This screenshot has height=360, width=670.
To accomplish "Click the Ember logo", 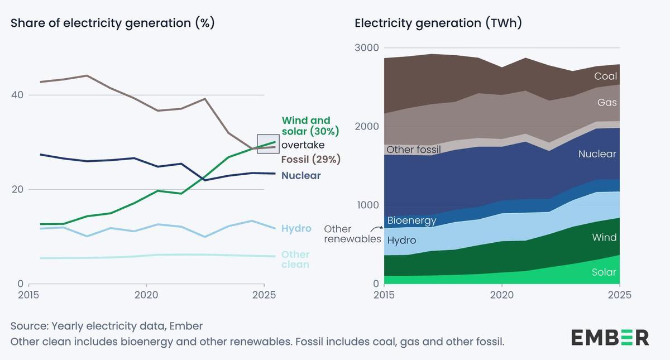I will point(610,338).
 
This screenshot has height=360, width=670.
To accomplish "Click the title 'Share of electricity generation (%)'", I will point(113,23).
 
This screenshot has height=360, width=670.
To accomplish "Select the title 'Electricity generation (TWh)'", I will point(438,23).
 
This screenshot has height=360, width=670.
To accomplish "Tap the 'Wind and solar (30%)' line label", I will point(310,126).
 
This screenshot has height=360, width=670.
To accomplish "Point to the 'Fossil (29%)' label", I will point(310,160).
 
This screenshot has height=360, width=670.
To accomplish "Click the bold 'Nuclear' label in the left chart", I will point(301,176).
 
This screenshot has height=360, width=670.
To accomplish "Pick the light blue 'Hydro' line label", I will point(296,229).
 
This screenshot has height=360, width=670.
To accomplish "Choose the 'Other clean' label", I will point(295,260).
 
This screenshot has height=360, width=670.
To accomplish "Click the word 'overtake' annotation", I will point(303,145).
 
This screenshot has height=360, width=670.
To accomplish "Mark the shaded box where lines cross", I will point(267,143).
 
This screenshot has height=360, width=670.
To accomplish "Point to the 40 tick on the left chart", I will point(17,95).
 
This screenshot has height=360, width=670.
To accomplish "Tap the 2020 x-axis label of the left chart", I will point(146,295).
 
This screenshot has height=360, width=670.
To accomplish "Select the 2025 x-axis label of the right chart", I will point(620,295).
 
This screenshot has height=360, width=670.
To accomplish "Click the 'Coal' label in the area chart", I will point(605,76).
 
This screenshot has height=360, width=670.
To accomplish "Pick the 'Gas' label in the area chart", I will point(607,103).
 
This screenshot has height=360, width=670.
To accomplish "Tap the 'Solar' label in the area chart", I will point(604,272).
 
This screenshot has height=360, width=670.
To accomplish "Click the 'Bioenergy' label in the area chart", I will point(411,220).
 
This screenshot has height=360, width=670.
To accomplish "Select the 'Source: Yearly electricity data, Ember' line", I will point(107,326).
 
